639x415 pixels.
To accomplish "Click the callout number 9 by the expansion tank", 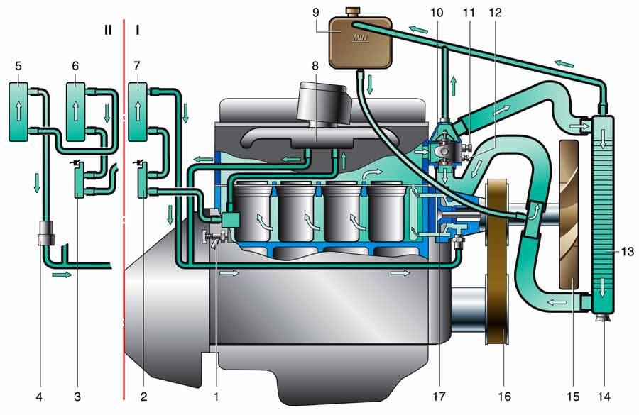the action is (316, 12).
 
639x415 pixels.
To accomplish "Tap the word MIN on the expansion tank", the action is (360, 38).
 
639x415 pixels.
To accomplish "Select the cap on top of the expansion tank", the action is (351, 11).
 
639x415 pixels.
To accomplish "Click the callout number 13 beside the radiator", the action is (628, 252).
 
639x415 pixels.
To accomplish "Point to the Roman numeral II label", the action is (108, 30).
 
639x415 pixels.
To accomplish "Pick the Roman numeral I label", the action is (138, 30).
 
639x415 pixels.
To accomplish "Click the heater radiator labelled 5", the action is (18, 111).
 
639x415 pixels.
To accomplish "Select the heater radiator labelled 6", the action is (76, 111).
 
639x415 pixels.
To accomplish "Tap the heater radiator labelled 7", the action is (138, 111).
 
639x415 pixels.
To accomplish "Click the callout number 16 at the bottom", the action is (505, 396).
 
